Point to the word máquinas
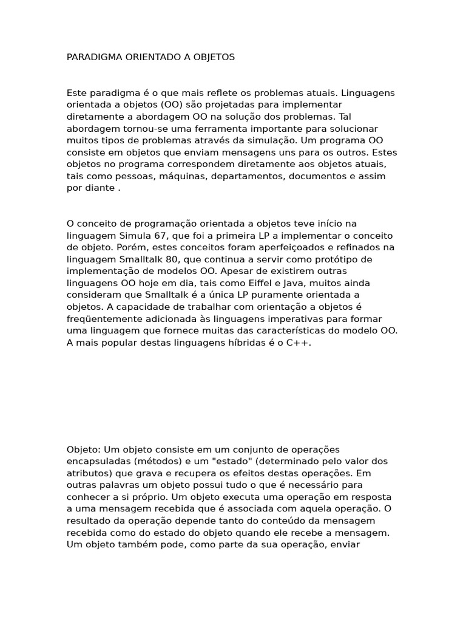pyautogui.click(x=164, y=176)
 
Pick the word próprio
pyautogui.click(x=144, y=497)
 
